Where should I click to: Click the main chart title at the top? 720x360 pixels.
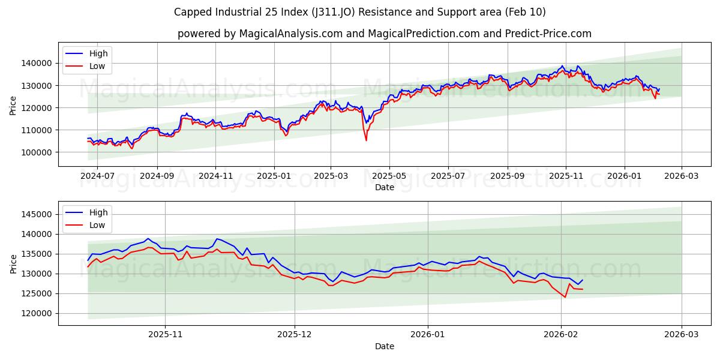(359, 12)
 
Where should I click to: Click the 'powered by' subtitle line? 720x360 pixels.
(384, 34)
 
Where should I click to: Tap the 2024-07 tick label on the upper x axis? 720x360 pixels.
(97, 176)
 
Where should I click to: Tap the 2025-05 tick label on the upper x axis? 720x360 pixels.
(389, 176)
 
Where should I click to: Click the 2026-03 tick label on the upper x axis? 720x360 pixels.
(682, 176)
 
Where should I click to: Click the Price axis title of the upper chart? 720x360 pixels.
(13, 105)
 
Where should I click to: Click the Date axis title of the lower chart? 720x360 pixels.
(384, 347)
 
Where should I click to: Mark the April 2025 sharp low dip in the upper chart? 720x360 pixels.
(366, 140)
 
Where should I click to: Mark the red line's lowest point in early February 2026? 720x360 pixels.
(565, 297)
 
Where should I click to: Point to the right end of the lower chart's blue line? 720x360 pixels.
(582, 280)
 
